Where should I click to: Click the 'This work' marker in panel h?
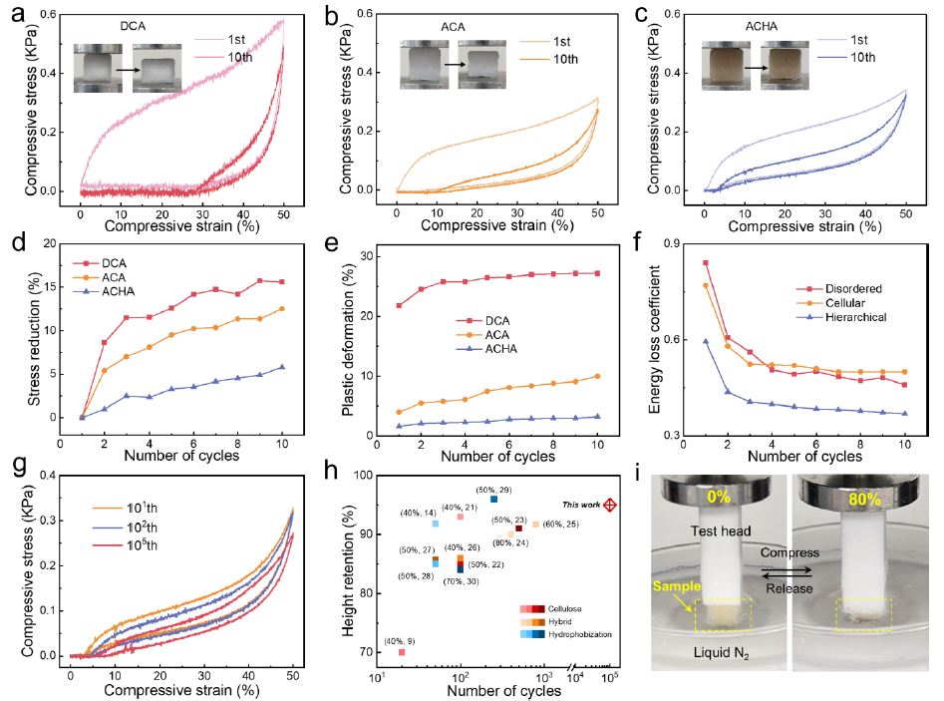coord(610,506)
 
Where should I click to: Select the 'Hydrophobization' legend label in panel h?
coord(574,633)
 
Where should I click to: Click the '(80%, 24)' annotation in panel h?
coord(510,543)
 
